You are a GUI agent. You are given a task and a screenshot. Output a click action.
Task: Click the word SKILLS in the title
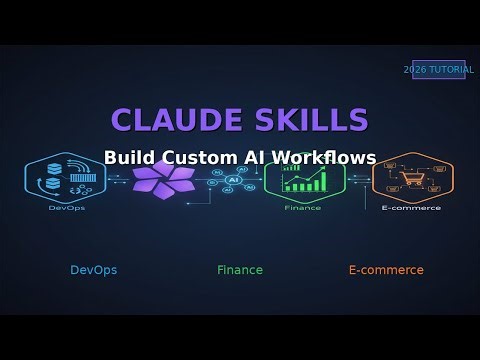[305, 119]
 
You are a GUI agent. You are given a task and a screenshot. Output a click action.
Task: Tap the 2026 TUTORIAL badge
[438, 70]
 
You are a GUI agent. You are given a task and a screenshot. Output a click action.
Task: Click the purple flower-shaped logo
[163, 181]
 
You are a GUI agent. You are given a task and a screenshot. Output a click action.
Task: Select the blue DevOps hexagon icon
[65, 180]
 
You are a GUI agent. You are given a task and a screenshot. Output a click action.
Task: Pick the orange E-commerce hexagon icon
[412, 180]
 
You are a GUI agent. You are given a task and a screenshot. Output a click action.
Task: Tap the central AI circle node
[233, 180]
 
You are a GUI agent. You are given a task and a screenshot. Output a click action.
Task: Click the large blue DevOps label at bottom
[93, 270]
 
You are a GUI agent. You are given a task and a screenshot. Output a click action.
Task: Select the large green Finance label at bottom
[240, 270]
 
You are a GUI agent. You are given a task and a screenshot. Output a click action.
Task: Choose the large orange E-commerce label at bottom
[386, 270]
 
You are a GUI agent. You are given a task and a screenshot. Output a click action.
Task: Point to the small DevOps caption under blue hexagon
[65, 209]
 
